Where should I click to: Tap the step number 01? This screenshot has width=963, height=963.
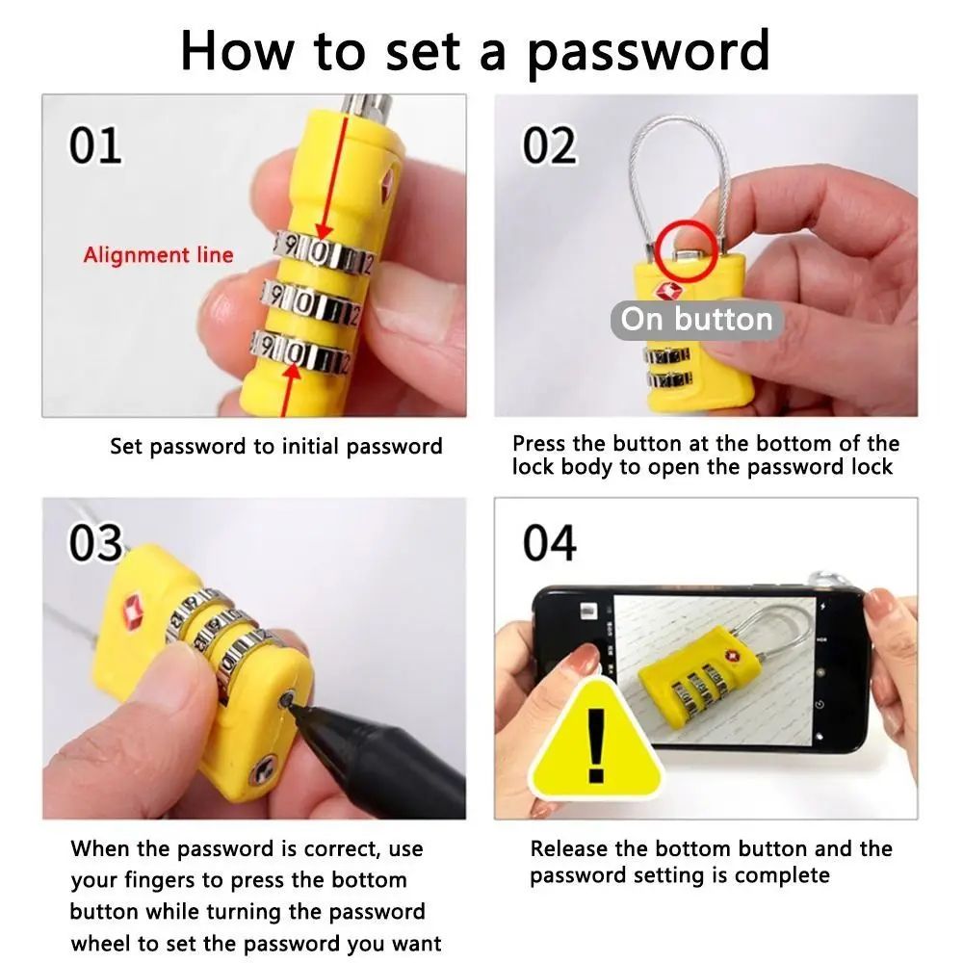pyautogui.click(x=95, y=145)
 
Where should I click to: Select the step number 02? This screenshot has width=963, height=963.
pyautogui.click(x=550, y=145)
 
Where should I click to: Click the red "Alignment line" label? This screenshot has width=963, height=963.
pyautogui.click(x=158, y=255)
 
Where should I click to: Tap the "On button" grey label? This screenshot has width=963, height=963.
pyautogui.click(x=696, y=320)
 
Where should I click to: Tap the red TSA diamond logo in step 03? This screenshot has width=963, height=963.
pyautogui.click(x=133, y=608)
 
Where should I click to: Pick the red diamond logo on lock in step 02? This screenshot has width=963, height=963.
pyautogui.click(x=665, y=292)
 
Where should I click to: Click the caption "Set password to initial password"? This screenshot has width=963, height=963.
pyautogui.click(x=276, y=447)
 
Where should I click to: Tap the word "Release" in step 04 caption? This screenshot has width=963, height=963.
pyautogui.click(x=569, y=849)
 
